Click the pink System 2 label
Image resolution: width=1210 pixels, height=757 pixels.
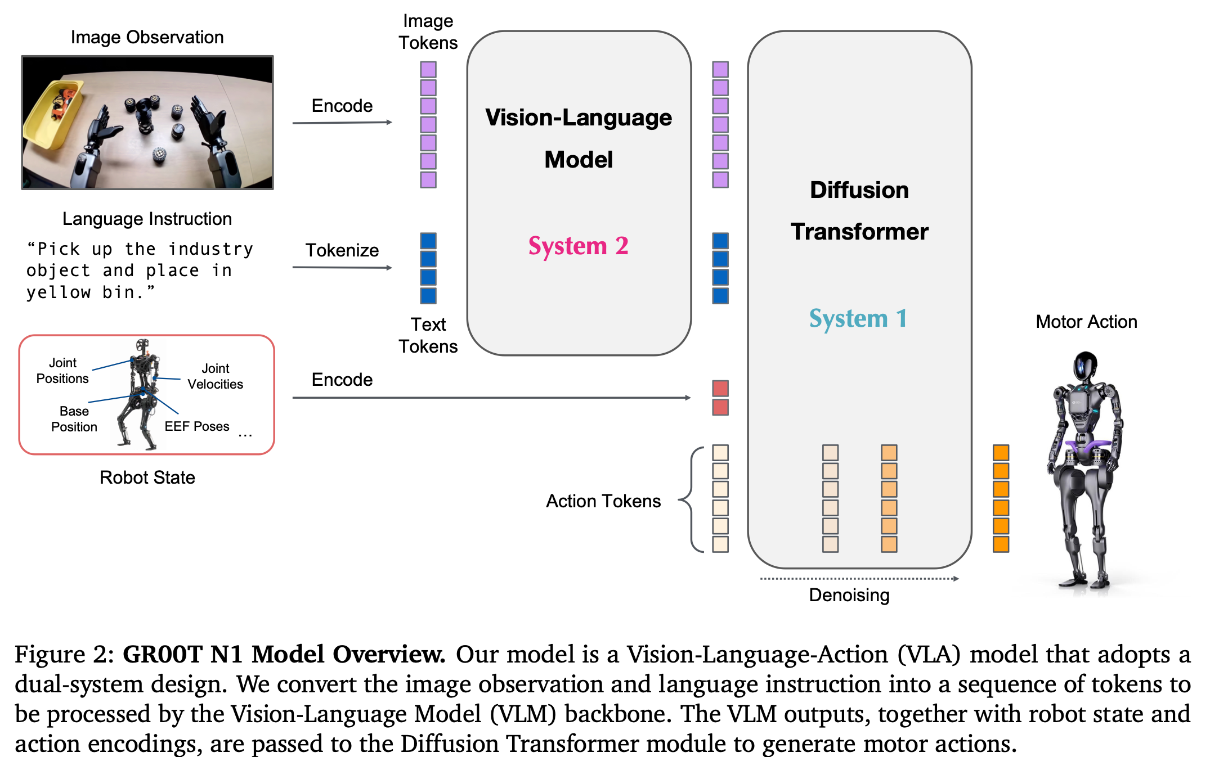coord(578,246)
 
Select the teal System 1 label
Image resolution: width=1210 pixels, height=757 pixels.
coord(858,318)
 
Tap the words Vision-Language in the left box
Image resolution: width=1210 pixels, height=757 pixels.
coord(578,118)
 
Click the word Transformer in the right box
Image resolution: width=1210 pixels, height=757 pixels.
coord(859,232)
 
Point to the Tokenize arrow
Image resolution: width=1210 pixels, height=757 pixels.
coord(342,268)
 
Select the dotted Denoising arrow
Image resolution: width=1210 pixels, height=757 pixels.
coord(859,579)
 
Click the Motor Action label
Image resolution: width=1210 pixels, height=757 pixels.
coord(1086,322)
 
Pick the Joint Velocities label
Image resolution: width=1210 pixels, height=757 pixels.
coord(215,376)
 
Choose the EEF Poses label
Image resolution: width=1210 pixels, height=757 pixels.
coord(196,426)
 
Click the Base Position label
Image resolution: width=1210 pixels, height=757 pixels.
coord(74,419)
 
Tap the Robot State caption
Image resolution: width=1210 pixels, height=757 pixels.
coord(147,477)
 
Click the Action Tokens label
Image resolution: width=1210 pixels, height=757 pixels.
coord(603,501)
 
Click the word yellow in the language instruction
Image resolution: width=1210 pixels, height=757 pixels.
coord(59,292)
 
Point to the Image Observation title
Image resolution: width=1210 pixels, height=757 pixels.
coord(147,37)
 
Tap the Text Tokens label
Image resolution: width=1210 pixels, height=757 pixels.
coord(428,335)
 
